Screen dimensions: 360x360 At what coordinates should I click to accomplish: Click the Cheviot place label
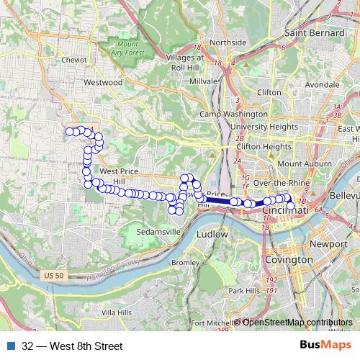[74, 60]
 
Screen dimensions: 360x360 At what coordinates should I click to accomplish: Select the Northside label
[228, 42]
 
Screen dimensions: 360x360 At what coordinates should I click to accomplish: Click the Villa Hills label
[117, 313]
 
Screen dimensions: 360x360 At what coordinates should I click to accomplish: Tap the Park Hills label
[243, 290]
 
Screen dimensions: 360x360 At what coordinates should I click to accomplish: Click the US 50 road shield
[53, 274]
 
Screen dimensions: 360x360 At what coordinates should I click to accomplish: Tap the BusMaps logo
[325, 346]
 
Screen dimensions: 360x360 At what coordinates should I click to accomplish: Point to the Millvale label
[203, 82]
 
